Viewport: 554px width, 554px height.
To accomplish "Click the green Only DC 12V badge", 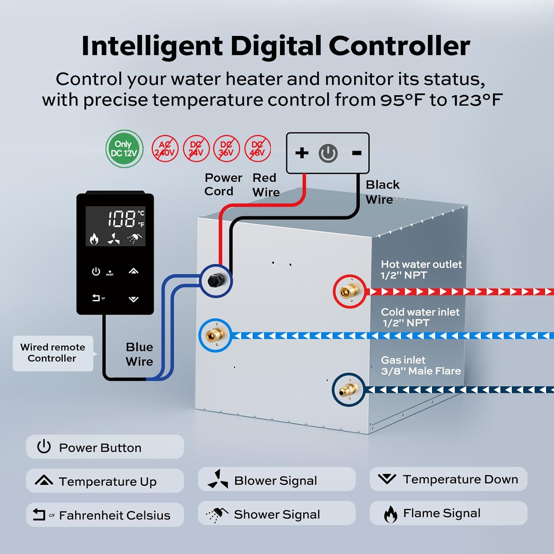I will (124, 149).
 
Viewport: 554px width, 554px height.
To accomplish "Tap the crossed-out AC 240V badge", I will (165, 149).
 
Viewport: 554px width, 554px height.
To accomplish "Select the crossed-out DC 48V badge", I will (257, 149).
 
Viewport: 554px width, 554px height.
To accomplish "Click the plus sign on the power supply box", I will (302, 153).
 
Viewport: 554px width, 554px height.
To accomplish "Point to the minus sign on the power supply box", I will (356, 153).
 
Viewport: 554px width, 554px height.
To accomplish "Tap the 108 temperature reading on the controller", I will (122, 219).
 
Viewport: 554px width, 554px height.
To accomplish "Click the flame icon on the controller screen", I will (94, 239).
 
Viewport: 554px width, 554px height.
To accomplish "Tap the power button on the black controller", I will (96, 272).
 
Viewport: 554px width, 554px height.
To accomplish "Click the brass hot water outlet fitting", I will (349, 291).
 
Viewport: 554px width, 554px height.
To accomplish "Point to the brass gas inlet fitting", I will (348, 390).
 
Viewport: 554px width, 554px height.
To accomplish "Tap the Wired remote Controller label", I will (53, 353).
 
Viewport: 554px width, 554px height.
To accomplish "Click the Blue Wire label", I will (139, 354).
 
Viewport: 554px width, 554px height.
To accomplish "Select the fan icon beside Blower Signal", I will (218, 479).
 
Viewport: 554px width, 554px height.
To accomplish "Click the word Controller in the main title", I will (399, 46).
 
